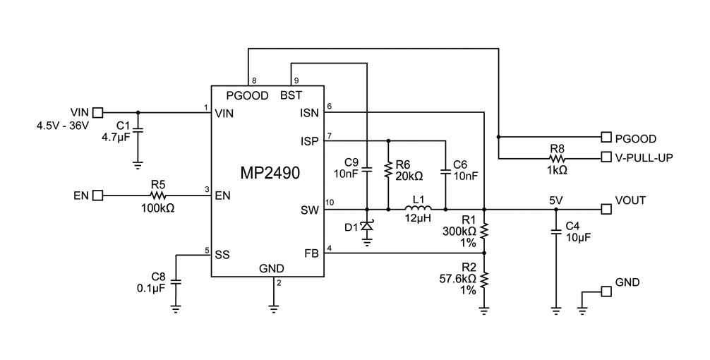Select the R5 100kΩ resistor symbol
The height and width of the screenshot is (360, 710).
(157, 195)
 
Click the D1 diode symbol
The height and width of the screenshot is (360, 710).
(367, 226)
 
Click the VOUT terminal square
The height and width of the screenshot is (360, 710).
(605, 209)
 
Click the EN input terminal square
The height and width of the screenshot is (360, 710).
(98, 195)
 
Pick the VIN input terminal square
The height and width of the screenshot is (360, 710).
(98, 112)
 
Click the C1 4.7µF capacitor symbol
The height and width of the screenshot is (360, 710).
(138, 131)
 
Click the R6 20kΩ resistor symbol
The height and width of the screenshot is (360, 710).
(388, 169)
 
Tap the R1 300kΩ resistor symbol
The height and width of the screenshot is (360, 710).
(484, 231)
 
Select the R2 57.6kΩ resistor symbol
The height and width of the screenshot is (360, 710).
(484, 280)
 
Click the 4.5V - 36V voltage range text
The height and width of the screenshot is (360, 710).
(63, 126)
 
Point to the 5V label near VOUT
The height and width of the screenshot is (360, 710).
(556, 200)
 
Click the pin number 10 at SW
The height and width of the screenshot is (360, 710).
(330, 203)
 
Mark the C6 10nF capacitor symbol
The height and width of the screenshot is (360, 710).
(445, 170)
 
